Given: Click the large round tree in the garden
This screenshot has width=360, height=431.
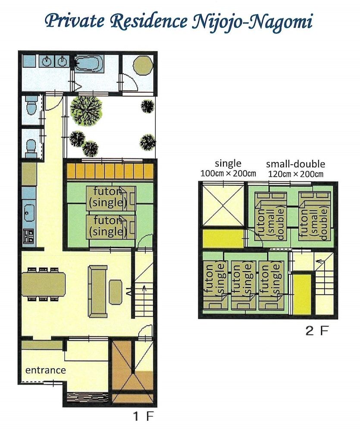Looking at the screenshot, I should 87,110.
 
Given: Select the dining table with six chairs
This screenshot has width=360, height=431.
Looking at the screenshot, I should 43,284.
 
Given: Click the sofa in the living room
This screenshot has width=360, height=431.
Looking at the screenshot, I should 98,285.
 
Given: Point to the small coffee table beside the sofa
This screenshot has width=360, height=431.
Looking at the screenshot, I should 116,292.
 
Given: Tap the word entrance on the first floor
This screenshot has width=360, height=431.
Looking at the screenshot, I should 45,370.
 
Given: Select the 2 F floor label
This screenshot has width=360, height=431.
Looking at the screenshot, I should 317,331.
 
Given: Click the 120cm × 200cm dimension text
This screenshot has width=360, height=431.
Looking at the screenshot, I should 295,174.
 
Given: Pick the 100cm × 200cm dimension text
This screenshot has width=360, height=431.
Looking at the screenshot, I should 229,174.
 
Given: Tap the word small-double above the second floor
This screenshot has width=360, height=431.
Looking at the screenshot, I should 295,164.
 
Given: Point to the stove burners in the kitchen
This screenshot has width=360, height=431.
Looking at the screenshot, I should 28,236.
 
